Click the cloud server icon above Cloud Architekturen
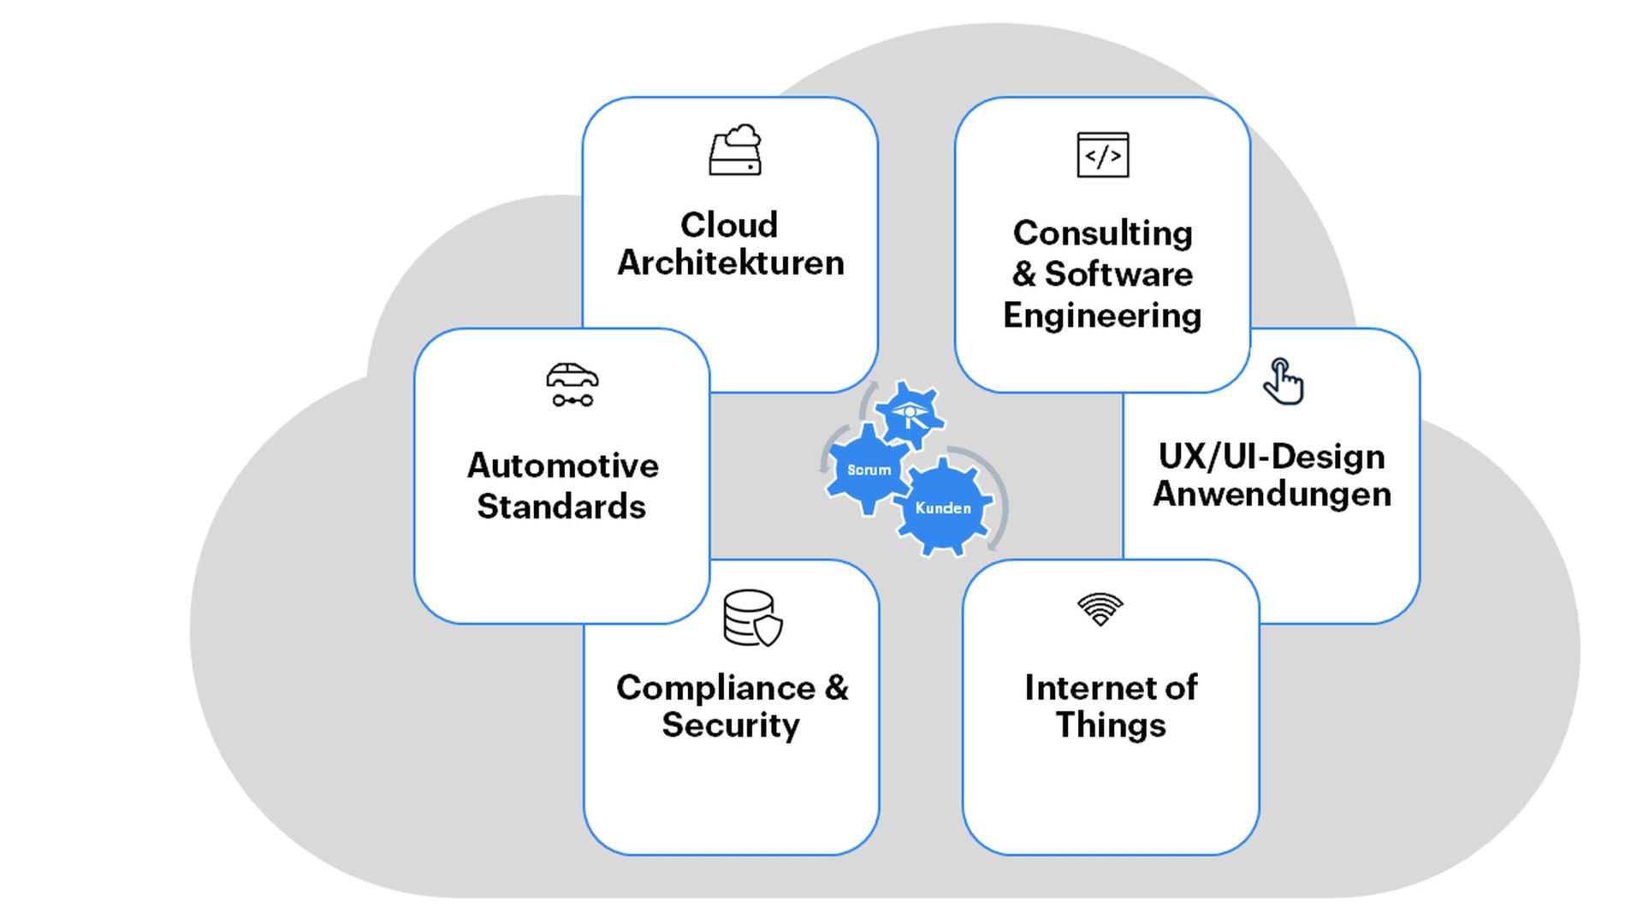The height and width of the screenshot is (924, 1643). [735, 151]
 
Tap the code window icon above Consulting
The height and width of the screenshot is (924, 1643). [1102, 155]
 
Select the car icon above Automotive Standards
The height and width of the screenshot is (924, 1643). [572, 385]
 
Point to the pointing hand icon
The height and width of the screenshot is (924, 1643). [1283, 382]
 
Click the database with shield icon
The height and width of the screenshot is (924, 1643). [752, 618]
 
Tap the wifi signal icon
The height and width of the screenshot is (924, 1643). [1100, 609]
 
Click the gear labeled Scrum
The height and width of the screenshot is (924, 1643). [868, 470]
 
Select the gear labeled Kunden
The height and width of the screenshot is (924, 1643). [943, 508]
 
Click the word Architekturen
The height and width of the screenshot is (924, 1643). [731, 263]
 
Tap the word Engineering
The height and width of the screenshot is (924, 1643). [1102, 316]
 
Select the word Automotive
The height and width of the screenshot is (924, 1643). [562, 465]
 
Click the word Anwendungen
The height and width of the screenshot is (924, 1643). [1272, 495]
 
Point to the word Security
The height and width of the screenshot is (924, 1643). [731, 726]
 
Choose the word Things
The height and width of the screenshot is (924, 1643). [1110, 726]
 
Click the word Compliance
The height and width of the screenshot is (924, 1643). [715, 688]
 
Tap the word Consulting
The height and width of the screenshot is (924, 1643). [1102, 233]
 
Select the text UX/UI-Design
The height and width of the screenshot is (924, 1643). [1272, 456]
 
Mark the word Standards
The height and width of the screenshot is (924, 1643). [561, 506]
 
